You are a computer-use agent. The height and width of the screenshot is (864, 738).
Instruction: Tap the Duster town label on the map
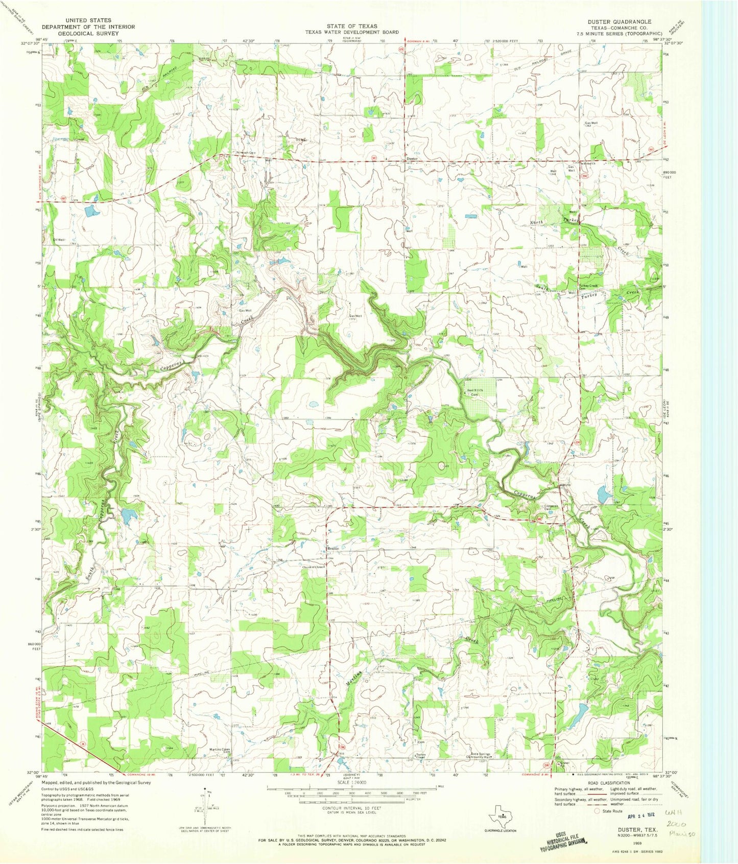pos(412,158)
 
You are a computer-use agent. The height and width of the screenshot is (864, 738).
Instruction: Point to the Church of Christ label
pos(313,567)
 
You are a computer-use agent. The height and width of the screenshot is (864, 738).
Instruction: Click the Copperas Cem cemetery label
pos(547,507)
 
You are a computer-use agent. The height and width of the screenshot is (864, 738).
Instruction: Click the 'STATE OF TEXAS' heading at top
pos(352,26)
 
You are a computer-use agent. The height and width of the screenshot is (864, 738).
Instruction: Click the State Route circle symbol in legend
pos(596,811)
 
